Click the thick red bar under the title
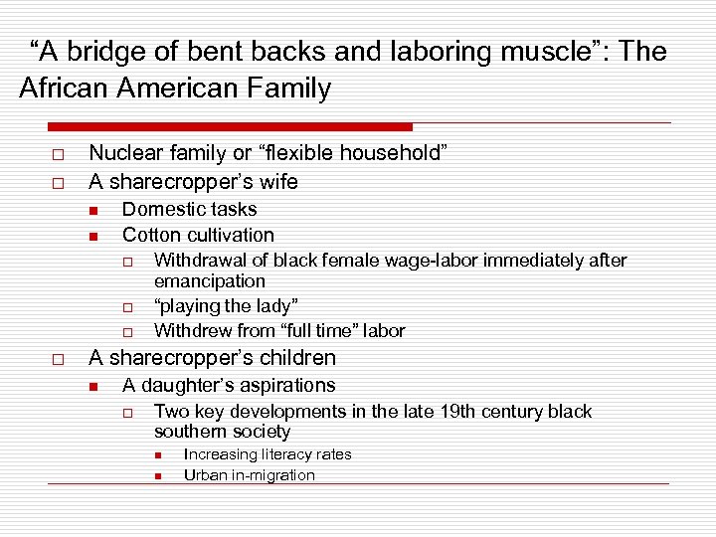pos(229,127)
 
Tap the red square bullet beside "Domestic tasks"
pos(91,210)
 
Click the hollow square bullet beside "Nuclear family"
pos(58,154)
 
